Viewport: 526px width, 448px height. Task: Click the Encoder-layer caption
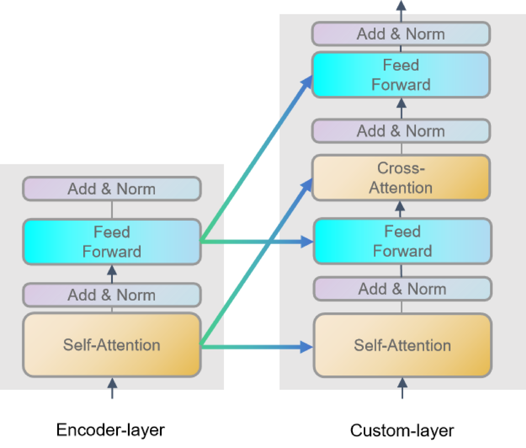click(x=110, y=430)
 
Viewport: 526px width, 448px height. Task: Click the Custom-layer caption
click(x=402, y=431)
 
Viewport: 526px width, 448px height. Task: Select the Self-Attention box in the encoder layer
click(x=112, y=345)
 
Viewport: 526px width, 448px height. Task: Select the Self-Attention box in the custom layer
click(x=402, y=345)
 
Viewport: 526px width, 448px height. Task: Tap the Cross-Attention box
click(x=401, y=178)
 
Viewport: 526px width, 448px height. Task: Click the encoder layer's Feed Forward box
click(x=112, y=242)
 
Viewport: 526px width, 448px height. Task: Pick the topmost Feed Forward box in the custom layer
click(x=401, y=75)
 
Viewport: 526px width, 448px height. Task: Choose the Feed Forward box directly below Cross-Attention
click(x=402, y=241)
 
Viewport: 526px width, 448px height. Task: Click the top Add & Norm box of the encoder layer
click(x=112, y=189)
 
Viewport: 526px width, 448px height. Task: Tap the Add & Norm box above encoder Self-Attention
click(x=112, y=295)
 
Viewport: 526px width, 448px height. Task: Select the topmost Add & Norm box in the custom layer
click(x=401, y=34)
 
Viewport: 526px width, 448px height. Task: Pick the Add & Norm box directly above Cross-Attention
click(x=401, y=131)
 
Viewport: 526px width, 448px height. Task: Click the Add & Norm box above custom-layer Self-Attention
click(x=402, y=289)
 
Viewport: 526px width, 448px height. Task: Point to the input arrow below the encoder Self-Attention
click(x=112, y=388)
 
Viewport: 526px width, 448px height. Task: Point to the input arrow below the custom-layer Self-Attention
click(x=402, y=388)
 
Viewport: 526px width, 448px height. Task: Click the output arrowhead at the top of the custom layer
click(x=401, y=5)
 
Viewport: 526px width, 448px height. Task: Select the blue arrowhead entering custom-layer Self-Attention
click(x=306, y=347)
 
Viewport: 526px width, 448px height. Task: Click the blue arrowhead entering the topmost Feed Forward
click(x=307, y=81)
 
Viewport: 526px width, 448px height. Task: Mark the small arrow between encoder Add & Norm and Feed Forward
click(x=112, y=274)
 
